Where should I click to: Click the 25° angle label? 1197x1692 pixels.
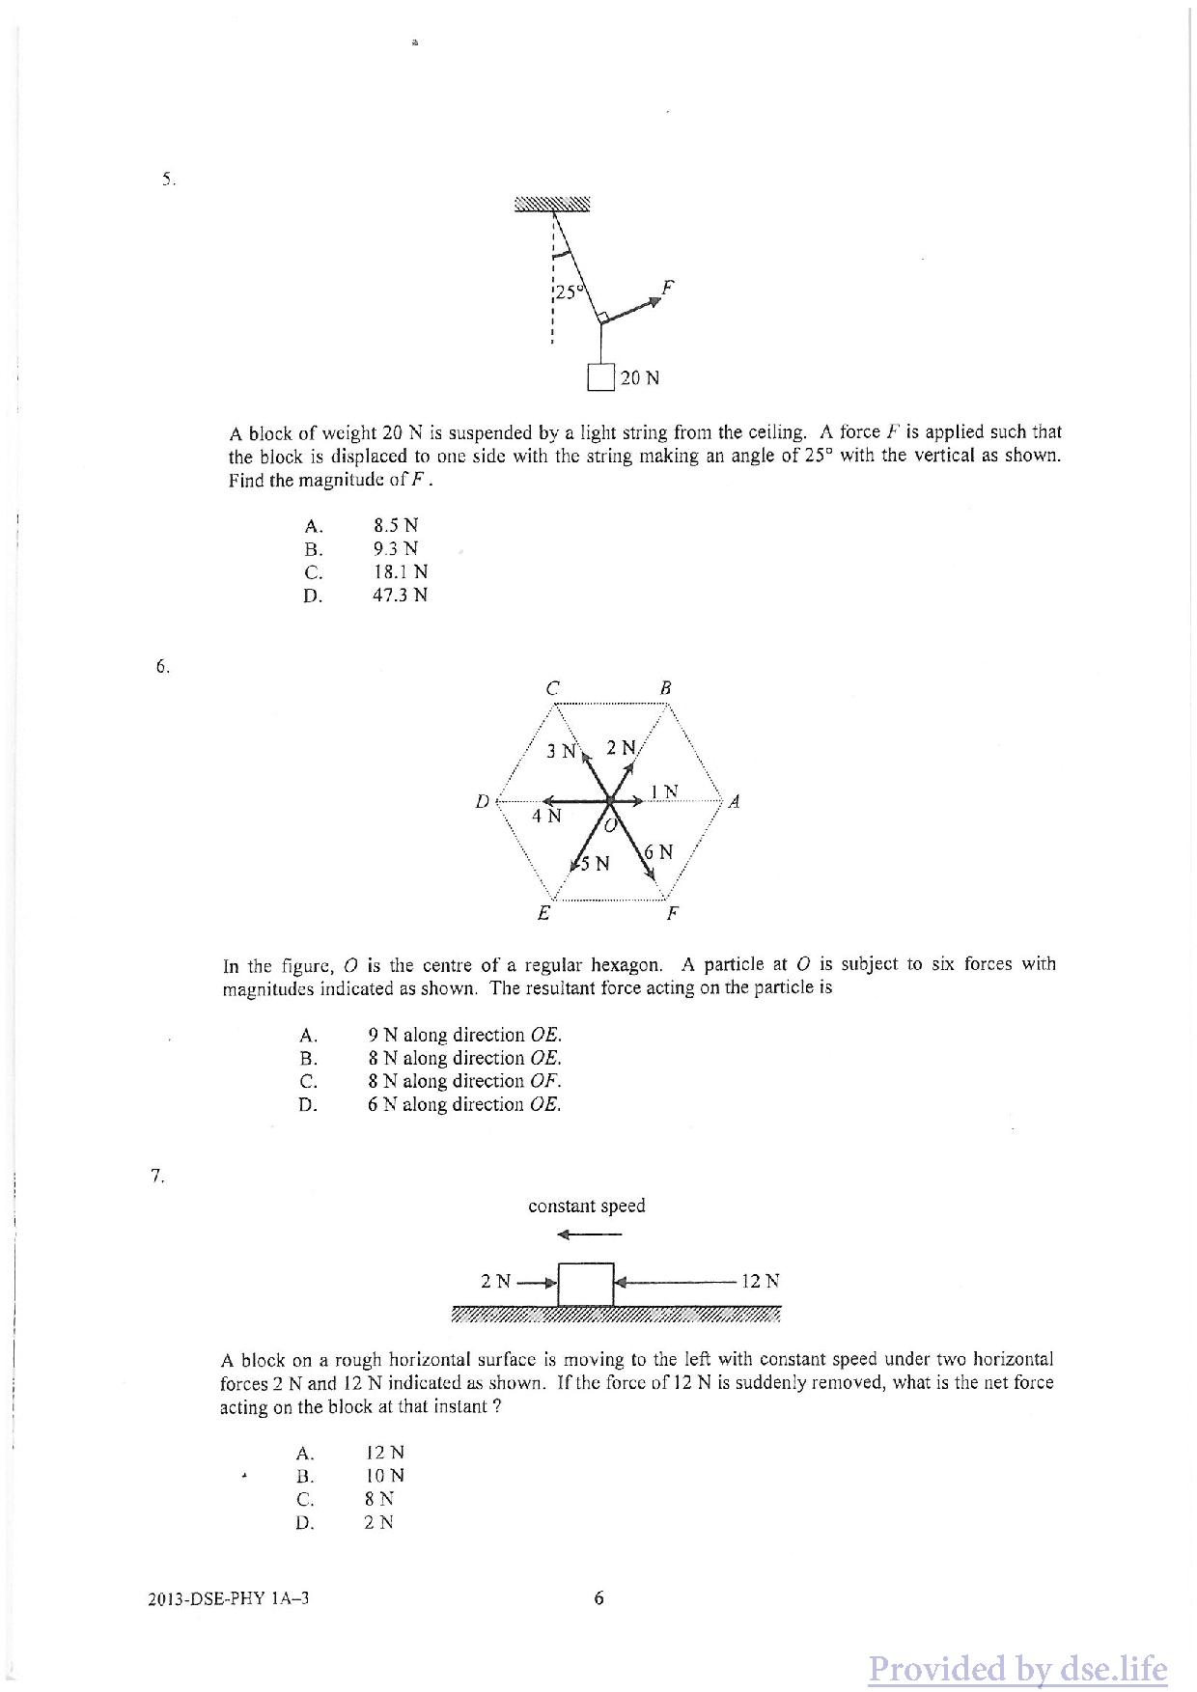coord(567,291)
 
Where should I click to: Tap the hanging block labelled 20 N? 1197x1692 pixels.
coord(601,376)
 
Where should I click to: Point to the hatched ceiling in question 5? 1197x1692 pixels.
coord(551,204)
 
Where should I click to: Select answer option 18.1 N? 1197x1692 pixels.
coord(401,572)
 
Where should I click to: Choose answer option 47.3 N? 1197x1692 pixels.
coord(401,596)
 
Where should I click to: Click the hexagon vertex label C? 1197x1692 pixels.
coord(552,689)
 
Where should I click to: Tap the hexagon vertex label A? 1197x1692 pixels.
coord(734,801)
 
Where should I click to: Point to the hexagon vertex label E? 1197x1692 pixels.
coord(544,913)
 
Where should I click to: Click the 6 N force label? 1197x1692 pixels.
coord(659,852)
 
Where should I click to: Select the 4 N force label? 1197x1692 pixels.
coord(546,817)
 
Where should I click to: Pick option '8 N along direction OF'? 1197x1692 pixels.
coord(464,1081)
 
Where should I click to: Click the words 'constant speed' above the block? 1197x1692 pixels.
coord(586,1206)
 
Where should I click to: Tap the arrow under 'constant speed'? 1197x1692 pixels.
coord(589,1234)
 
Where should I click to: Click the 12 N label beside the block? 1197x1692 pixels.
coord(760,1281)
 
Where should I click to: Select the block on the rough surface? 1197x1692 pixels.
coord(586,1284)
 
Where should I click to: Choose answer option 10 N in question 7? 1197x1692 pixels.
coord(385,1476)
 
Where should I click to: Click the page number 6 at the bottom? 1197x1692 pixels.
coord(598,1598)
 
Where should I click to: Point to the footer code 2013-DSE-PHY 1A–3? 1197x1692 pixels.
coord(230,1598)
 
